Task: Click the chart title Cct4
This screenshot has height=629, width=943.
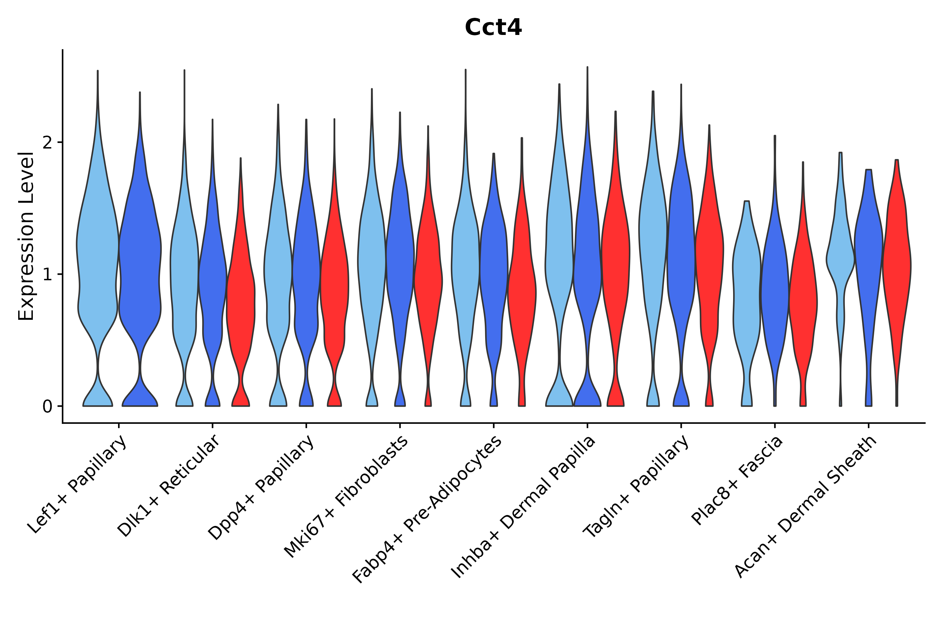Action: (493, 28)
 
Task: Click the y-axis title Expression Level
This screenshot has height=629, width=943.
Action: (26, 236)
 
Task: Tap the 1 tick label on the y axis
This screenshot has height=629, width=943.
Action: (47, 274)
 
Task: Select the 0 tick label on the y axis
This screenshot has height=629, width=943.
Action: (47, 407)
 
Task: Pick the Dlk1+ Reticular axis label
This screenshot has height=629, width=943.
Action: (169, 486)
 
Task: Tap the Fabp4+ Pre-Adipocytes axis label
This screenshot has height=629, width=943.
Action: (427, 509)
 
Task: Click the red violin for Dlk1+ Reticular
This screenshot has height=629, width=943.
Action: (241, 282)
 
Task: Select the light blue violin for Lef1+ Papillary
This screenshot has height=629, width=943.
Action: (97, 238)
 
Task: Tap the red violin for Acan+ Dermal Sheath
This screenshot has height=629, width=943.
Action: (897, 283)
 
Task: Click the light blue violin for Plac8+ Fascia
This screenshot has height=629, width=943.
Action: (747, 304)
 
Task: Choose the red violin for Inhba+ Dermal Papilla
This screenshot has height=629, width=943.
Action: (615, 259)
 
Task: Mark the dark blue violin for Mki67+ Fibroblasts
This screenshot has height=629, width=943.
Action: (400, 259)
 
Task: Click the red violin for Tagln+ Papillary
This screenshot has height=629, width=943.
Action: (709, 266)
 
